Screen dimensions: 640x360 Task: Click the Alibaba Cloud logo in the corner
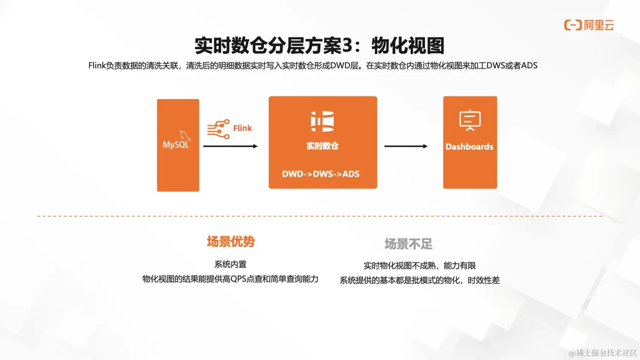pyautogui.click(x=589, y=25)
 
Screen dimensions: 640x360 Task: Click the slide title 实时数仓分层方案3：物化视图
pyautogui.click(x=319, y=46)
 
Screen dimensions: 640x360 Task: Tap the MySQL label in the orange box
pyautogui.click(x=176, y=145)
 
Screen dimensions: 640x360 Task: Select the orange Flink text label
pyautogui.click(x=242, y=128)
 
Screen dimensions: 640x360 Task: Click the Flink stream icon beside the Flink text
pyautogui.click(x=218, y=129)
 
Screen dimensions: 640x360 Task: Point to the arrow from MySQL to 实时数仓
pyautogui.click(x=230, y=146)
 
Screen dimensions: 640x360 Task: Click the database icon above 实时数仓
pyautogui.click(x=322, y=121)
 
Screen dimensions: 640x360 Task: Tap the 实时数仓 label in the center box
pyautogui.click(x=323, y=146)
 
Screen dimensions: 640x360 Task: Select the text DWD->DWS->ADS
pyautogui.click(x=321, y=174)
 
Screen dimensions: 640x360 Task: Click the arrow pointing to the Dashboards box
pyautogui.click(x=406, y=146)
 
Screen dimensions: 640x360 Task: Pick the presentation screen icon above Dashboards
pyautogui.click(x=470, y=120)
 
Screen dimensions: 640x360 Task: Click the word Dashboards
pyautogui.click(x=469, y=147)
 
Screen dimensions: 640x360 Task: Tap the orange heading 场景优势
pyautogui.click(x=231, y=241)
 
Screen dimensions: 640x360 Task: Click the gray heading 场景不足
pyautogui.click(x=408, y=244)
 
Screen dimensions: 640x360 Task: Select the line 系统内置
pyautogui.click(x=230, y=264)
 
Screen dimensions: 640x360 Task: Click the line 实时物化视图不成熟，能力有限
pyautogui.click(x=419, y=266)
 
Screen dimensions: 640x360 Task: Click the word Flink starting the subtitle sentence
pyautogui.click(x=97, y=66)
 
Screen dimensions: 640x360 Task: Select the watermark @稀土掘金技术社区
pyautogui.click(x=603, y=353)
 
